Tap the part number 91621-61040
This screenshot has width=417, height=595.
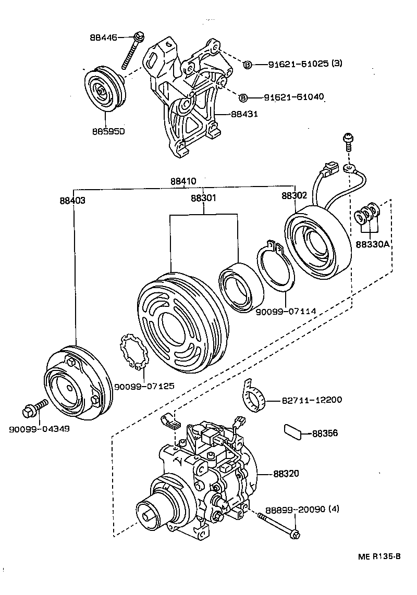click(294, 97)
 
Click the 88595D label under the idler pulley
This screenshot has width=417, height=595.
click(106, 131)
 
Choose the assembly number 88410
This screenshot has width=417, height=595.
click(183, 182)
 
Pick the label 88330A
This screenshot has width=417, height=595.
click(373, 243)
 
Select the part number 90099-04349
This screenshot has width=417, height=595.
click(39, 429)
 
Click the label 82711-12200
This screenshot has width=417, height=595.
click(312, 400)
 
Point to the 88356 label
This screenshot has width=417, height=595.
click(325, 433)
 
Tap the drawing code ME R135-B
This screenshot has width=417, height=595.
click(379, 556)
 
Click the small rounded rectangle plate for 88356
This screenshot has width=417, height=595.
click(293, 431)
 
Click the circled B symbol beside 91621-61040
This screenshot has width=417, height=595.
click(243, 97)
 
